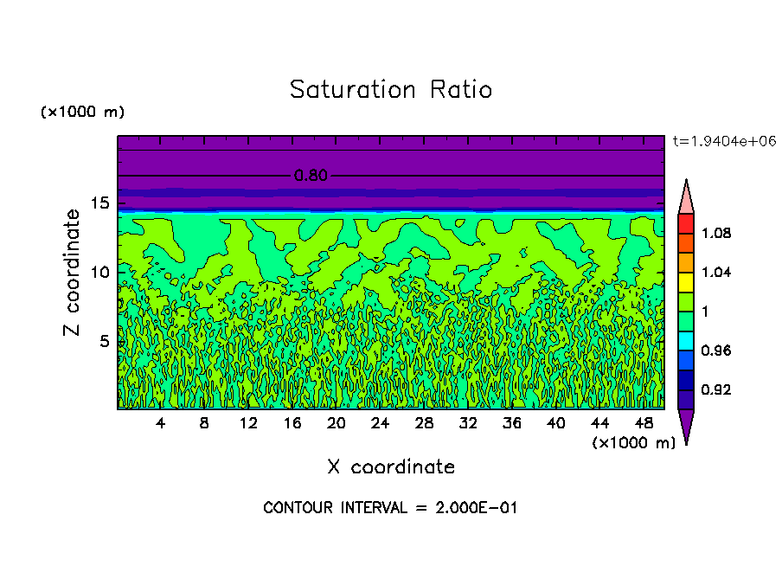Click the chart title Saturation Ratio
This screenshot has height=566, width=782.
pyautogui.click(x=391, y=90)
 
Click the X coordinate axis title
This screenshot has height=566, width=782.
pyautogui.click(x=391, y=467)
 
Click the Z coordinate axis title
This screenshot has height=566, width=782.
pyautogui.click(x=73, y=272)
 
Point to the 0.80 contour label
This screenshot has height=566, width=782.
pyautogui.click(x=311, y=176)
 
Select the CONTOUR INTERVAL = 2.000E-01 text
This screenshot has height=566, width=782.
pyautogui.click(x=390, y=508)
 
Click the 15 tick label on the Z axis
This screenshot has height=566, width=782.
pyautogui.click(x=99, y=203)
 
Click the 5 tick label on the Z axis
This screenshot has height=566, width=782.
pyautogui.click(x=104, y=341)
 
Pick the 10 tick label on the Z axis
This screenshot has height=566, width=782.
pyautogui.click(x=99, y=272)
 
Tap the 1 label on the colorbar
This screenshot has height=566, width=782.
pyautogui.click(x=707, y=312)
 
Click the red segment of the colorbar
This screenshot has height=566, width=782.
pyautogui.click(x=685, y=223)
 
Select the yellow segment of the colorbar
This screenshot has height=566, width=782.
pyautogui.click(x=685, y=281)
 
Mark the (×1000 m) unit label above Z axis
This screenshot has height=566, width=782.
pyautogui.click(x=82, y=113)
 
